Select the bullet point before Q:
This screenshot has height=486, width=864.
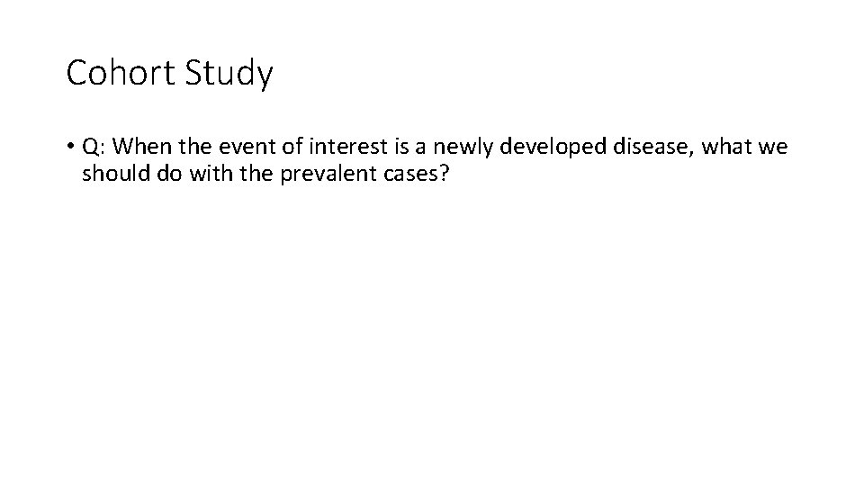tap(70, 148)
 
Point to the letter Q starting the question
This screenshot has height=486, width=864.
tap(90, 147)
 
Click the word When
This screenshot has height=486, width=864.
tap(138, 147)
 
